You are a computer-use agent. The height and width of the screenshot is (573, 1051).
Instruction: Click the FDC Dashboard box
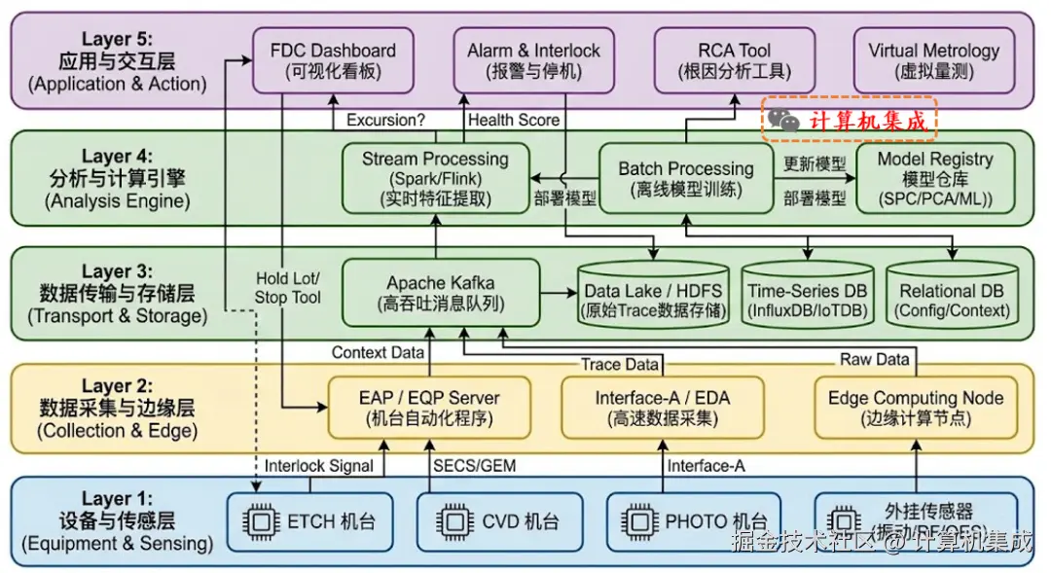(333, 59)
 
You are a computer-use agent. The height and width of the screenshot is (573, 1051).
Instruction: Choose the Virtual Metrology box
(933, 59)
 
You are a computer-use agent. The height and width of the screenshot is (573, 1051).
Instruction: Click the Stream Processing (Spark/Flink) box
(435, 178)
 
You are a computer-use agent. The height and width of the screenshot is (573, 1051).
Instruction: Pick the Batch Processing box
(685, 178)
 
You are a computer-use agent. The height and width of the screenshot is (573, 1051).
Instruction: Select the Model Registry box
(934, 178)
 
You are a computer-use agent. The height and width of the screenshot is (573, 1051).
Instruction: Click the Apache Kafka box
(440, 292)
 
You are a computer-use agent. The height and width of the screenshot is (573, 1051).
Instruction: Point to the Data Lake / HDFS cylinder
(654, 295)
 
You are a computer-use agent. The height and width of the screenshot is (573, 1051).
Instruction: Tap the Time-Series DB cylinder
(807, 295)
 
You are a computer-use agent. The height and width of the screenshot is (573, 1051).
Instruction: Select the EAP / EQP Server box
(430, 408)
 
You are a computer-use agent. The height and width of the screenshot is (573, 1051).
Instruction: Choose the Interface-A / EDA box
(662, 408)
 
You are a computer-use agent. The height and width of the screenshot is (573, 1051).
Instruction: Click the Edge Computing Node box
(915, 408)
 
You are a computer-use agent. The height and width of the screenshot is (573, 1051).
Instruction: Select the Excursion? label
(385, 121)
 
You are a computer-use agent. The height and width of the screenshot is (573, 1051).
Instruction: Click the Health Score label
(514, 121)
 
